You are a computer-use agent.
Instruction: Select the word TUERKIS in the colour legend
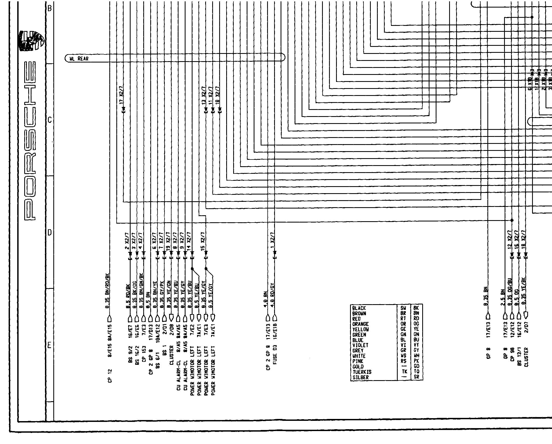[362, 372]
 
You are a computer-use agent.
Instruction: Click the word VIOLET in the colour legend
[360, 345]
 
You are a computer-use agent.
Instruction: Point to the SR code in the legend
[416, 377]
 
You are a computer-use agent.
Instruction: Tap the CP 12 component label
[110, 375]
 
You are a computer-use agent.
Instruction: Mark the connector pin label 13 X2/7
[204, 96]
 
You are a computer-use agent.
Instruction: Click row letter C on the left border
[49, 120]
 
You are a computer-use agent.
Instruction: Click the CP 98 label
[512, 357]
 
